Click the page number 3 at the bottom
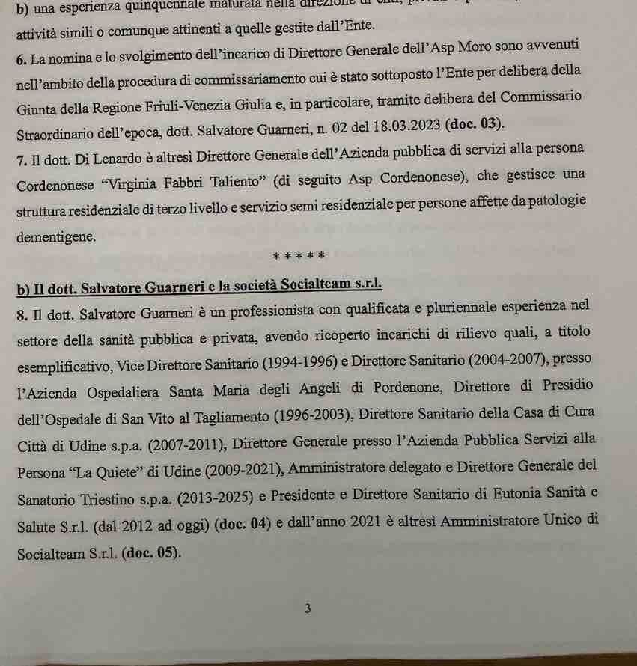(x=308, y=608)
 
